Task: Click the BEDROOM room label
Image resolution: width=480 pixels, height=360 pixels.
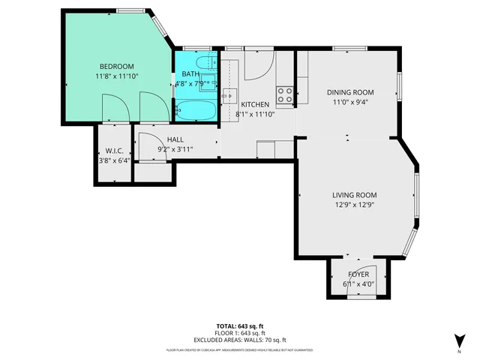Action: click(x=116, y=66)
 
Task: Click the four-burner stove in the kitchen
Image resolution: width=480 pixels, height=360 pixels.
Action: click(x=285, y=94)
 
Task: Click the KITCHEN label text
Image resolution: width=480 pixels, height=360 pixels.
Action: click(x=254, y=104)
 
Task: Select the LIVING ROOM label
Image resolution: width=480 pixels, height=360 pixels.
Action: click(x=354, y=195)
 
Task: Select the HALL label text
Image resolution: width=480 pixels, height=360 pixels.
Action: click(x=175, y=139)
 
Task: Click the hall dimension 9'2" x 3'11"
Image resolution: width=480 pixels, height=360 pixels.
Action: click(x=175, y=149)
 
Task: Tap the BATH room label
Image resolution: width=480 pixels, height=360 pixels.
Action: click(x=190, y=73)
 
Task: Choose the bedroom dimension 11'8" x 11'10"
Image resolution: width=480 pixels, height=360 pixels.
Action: click(x=116, y=76)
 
